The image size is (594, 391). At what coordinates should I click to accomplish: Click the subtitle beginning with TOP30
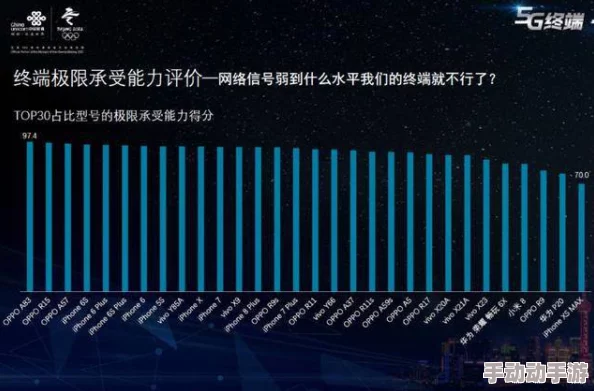(115, 115)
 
